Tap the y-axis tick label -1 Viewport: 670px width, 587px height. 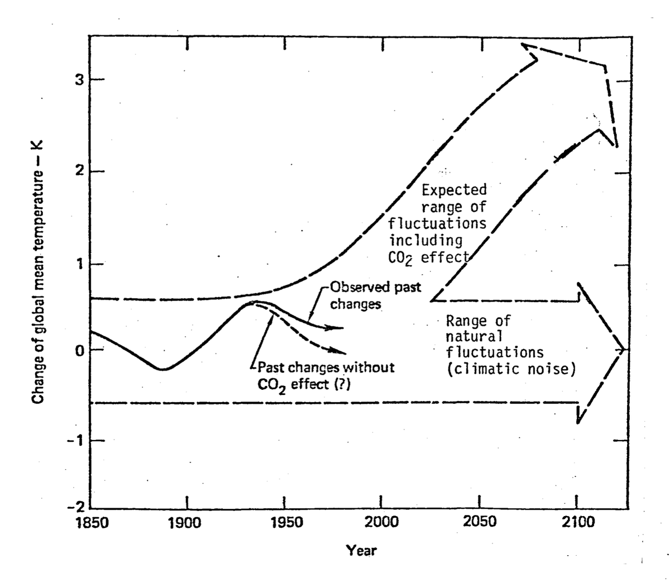(76, 440)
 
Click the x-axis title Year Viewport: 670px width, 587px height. (361, 550)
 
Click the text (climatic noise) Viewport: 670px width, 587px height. (510, 369)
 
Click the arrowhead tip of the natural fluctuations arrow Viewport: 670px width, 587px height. (625, 350)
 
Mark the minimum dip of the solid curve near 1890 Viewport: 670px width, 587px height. (162, 369)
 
